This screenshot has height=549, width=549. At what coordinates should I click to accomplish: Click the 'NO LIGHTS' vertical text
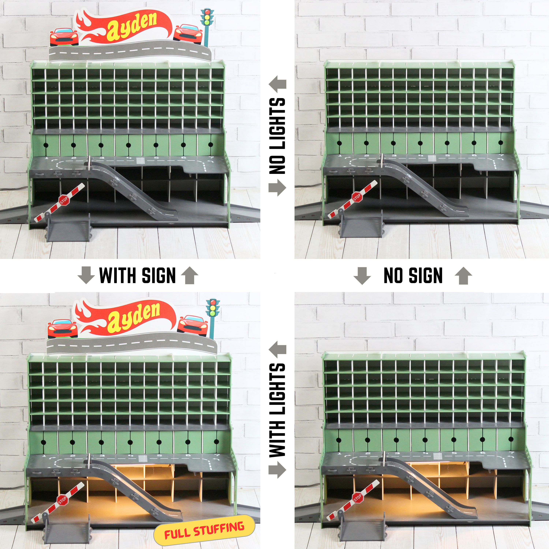tap(277, 136)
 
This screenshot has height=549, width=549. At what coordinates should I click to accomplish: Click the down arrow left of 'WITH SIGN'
tap(86, 275)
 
